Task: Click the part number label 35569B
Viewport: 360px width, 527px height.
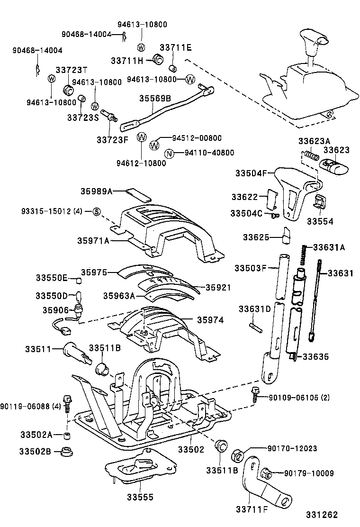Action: click(x=155, y=98)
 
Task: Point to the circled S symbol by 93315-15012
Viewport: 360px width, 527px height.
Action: click(x=96, y=211)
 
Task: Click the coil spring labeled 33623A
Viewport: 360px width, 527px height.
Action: click(x=310, y=155)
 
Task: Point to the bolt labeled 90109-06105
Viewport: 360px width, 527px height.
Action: click(x=255, y=393)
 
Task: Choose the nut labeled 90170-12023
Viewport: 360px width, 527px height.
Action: click(x=237, y=456)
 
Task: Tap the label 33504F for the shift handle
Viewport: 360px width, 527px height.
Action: click(x=252, y=173)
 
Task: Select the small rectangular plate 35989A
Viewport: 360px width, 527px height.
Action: click(x=138, y=195)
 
